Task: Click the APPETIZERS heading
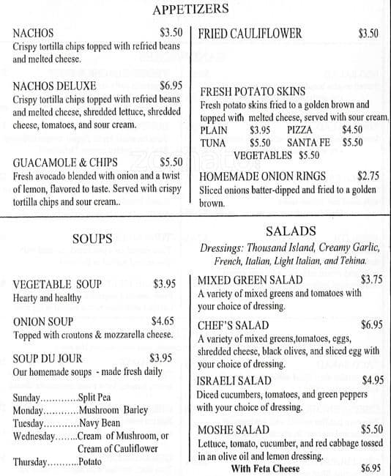pyautogui.click(x=191, y=10)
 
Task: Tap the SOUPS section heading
pyautogui.click(x=92, y=239)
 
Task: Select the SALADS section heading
pyautogui.click(x=291, y=231)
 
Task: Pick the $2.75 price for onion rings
pyautogui.click(x=368, y=176)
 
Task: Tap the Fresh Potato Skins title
pyautogui.click(x=253, y=92)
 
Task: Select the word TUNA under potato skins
pyautogui.click(x=213, y=143)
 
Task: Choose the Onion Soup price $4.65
pyautogui.click(x=163, y=321)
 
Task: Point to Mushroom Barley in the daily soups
pyautogui.click(x=113, y=410)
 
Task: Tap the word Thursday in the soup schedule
pyautogui.click(x=30, y=463)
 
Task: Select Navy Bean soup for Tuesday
pyautogui.click(x=100, y=423)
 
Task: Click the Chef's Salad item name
pyautogui.click(x=233, y=325)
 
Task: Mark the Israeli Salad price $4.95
pyautogui.click(x=373, y=380)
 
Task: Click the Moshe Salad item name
pyautogui.click(x=234, y=430)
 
